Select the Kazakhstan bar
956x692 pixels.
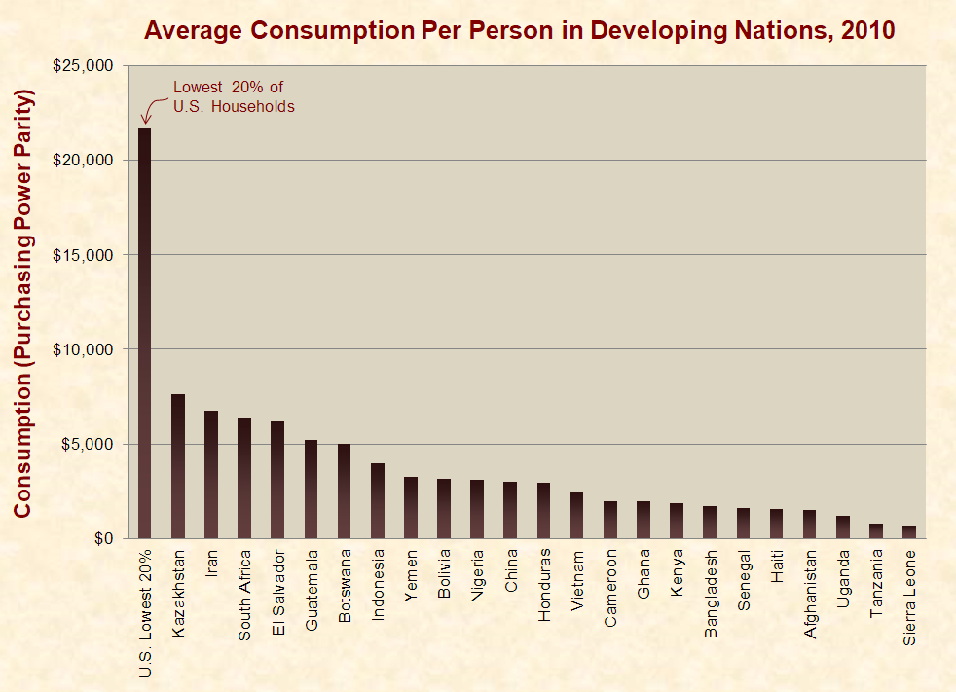click(178, 466)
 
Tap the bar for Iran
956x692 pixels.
click(211, 474)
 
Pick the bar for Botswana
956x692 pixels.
click(344, 491)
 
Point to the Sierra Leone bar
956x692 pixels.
click(908, 531)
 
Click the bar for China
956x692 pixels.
click(510, 510)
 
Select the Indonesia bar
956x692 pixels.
click(378, 500)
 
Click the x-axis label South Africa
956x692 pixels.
click(244, 595)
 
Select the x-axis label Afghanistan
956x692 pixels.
click(810, 595)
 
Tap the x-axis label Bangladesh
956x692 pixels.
click(711, 595)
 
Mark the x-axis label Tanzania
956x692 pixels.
click(876, 584)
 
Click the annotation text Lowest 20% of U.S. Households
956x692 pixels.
click(233, 96)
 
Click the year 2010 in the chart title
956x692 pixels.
click(864, 29)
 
